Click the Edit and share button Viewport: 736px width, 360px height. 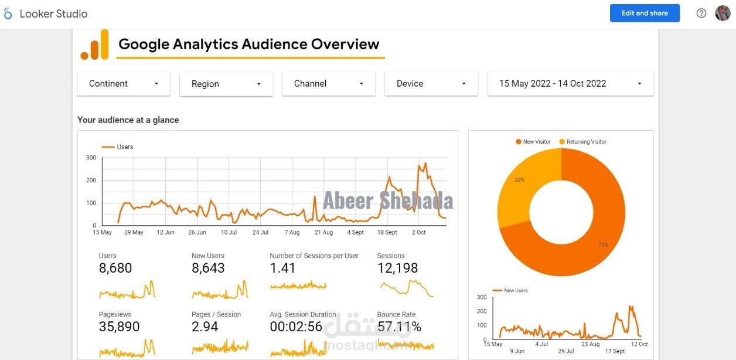point(645,13)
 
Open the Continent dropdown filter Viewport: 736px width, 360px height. point(124,84)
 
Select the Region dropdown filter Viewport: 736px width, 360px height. point(226,84)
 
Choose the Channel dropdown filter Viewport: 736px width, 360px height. point(329,84)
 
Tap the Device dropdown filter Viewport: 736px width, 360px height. point(431,84)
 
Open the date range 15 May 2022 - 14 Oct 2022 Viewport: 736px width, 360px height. point(570,84)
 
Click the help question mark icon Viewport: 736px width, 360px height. point(701,13)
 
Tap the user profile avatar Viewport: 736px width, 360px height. point(723,13)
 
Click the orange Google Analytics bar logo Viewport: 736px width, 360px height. point(95,45)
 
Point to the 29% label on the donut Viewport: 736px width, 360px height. point(519,179)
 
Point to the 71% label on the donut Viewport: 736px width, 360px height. point(603,244)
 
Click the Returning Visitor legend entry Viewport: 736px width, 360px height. point(586,142)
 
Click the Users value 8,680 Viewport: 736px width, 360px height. point(115,269)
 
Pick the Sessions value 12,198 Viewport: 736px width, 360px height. point(397,269)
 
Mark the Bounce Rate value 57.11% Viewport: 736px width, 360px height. point(399,327)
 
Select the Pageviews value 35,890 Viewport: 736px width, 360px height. point(119,327)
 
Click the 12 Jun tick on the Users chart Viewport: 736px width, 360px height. point(165,233)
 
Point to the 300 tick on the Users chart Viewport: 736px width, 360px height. point(91,158)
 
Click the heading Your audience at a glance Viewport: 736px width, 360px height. point(128,120)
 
